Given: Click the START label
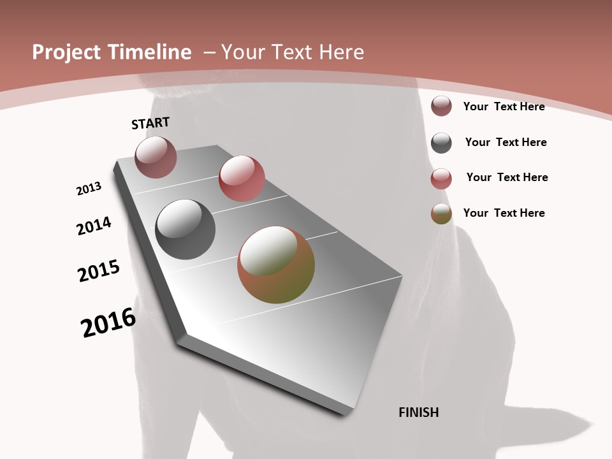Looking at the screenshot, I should coord(150,122).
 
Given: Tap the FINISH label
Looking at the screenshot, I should coord(418,412).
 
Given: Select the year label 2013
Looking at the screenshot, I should coord(89,189).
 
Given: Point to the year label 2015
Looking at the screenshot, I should coord(99,271).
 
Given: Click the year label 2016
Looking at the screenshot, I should coord(108,323).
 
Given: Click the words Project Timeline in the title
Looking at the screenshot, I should coord(112,52).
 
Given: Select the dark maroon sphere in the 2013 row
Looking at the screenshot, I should coord(156,157).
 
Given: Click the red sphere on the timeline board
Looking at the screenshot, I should coord(242,178).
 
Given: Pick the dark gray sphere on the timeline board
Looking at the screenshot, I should coord(185,229).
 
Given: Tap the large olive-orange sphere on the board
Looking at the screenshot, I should coord(276,265).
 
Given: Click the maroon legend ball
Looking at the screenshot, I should coord(441,106).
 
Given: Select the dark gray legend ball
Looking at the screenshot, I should coord(441,143).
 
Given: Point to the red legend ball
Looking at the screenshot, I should coord(441,178).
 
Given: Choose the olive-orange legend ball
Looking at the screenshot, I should coord(441,214).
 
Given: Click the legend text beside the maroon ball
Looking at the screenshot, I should coord(504,106).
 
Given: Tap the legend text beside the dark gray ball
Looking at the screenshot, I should coord(506,142).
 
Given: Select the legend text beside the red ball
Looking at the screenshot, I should coord(507,177).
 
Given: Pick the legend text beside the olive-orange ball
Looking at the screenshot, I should coord(504,213).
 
